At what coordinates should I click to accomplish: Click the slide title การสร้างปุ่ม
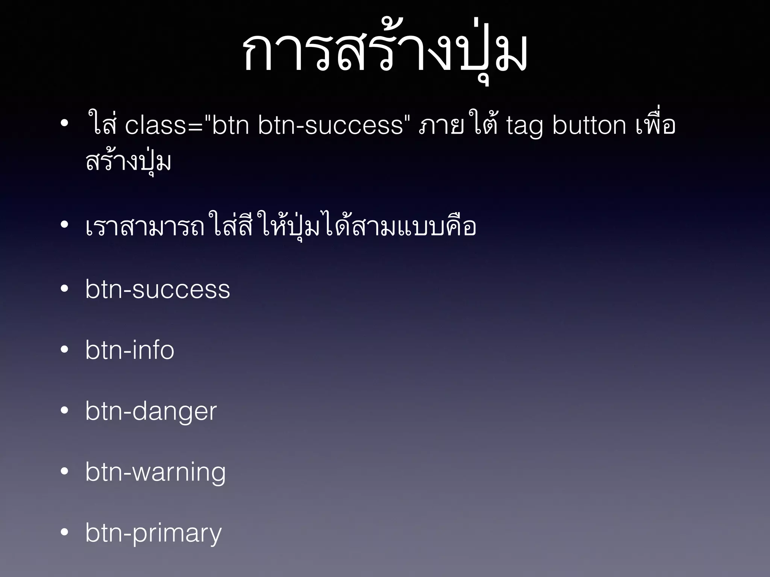(385, 53)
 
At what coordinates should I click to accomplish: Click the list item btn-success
(158, 290)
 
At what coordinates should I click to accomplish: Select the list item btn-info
(130, 350)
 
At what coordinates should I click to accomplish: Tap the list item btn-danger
(151, 411)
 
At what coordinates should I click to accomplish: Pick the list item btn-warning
(155, 472)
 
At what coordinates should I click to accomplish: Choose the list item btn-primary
(153, 533)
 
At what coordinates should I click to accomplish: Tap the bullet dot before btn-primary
(65, 532)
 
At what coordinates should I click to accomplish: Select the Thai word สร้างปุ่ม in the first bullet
(128, 162)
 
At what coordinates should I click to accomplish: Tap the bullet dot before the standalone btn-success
(65, 289)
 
